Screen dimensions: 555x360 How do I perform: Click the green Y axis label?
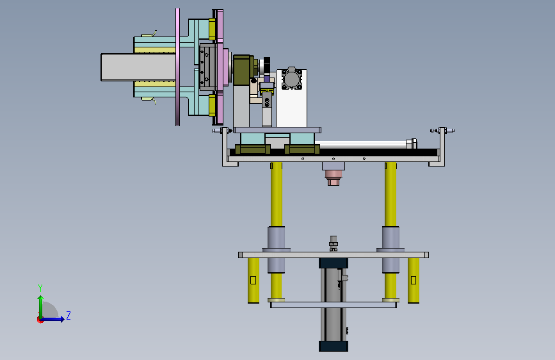point(40,288)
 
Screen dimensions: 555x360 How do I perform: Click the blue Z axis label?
point(68,315)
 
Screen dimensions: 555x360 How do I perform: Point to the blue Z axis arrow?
point(53,319)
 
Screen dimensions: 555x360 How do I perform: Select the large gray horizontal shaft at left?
point(138,67)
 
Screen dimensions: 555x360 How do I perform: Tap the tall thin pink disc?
point(178,67)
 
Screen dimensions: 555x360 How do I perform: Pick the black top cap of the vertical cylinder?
point(334,263)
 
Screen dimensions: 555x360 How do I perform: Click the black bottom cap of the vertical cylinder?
point(334,346)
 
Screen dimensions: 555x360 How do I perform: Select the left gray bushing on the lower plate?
point(276,249)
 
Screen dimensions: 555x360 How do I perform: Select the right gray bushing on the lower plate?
point(390,249)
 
